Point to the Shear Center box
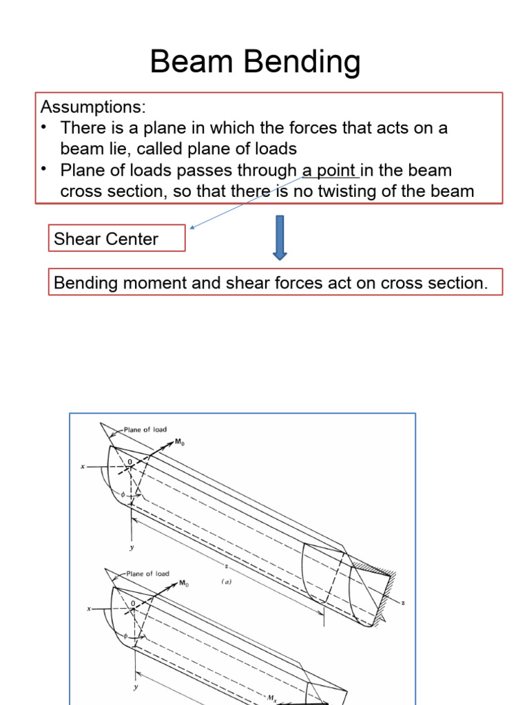point(116,239)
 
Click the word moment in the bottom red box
point(155,282)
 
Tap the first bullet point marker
point(45,128)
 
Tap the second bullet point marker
point(45,170)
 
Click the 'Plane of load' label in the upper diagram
point(145,430)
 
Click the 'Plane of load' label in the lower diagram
point(148,573)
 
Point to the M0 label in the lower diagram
point(184,583)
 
